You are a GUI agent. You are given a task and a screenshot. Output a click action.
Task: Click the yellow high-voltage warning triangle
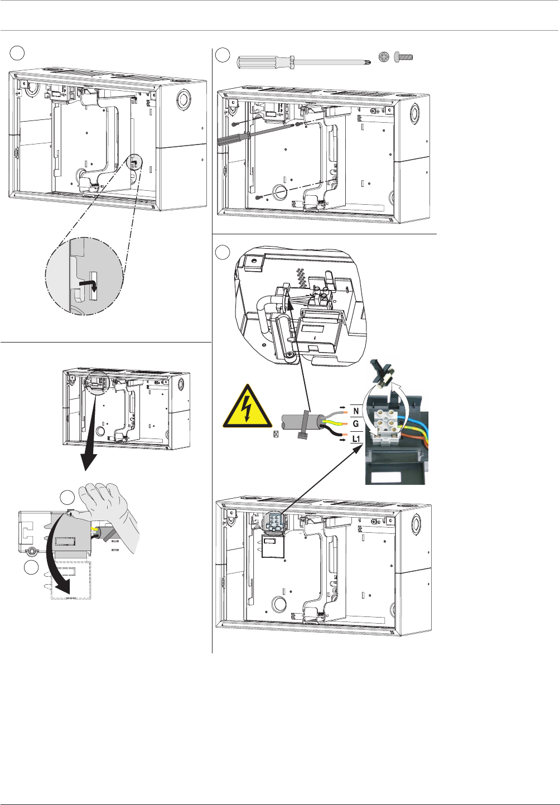(247, 407)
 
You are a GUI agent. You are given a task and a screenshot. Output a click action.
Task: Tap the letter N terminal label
(356, 411)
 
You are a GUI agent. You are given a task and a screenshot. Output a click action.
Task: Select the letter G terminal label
(356, 424)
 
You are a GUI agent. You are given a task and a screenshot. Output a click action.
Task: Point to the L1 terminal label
(356, 439)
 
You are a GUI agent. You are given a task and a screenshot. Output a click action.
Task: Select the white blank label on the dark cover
(385, 478)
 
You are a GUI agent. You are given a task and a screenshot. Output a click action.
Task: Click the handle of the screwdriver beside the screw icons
(262, 61)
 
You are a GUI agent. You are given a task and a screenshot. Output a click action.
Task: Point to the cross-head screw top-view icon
(383, 56)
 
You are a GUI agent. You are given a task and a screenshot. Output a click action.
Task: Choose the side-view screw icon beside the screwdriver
(403, 56)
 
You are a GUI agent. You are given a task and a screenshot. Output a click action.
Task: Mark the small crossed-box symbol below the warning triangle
(276, 433)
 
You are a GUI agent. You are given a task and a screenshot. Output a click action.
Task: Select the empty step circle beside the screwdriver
(223, 55)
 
